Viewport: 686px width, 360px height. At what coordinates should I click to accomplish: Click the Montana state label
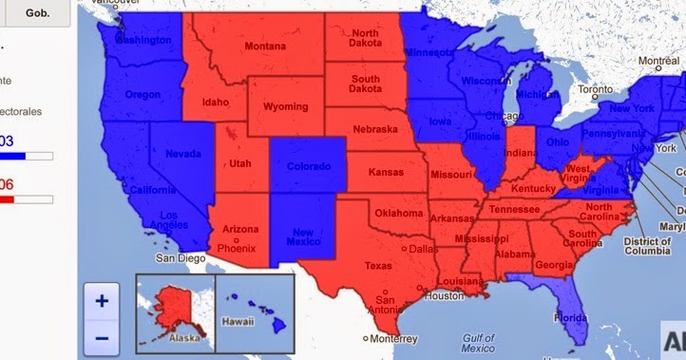[264, 47]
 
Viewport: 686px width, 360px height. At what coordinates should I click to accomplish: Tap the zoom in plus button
[102, 301]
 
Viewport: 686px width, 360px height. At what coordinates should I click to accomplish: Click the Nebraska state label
[374, 129]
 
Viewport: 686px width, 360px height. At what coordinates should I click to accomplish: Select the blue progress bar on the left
[26, 154]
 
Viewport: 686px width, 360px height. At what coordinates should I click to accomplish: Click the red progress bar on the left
[26, 199]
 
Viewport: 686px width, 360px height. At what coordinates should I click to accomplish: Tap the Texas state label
[377, 266]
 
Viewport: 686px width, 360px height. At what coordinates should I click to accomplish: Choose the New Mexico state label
[303, 237]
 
